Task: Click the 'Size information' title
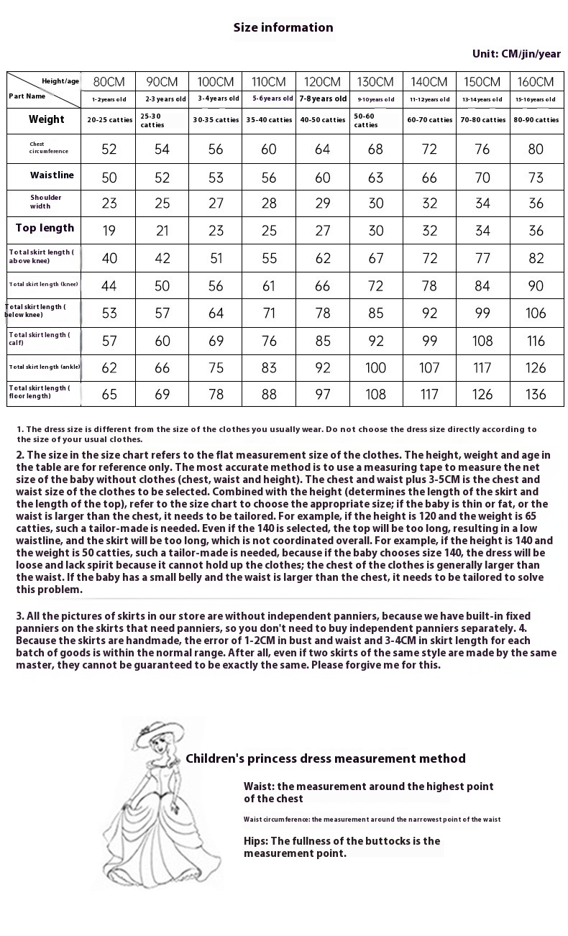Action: [283, 27]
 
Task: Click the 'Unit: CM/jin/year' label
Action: [516, 54]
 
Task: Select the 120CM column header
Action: [322, 82]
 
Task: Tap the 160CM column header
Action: [536, 82]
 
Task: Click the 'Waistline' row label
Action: [52, 175]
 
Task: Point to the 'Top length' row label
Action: [45, 228]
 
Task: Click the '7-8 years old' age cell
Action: [322, 99]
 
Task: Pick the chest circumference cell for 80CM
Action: [109, 149]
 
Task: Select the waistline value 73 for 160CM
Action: [536, 177]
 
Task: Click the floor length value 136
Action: [536, 394]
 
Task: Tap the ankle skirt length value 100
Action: [375, 367]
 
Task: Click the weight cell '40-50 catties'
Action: [322, 120]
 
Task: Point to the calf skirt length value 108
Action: [482, 341]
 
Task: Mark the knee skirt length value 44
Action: [109, 285]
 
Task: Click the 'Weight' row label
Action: [46, 119]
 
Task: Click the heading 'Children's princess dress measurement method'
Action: [325, 758]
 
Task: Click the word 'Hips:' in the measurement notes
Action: [256, 841]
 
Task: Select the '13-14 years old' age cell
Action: [482, 99]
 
